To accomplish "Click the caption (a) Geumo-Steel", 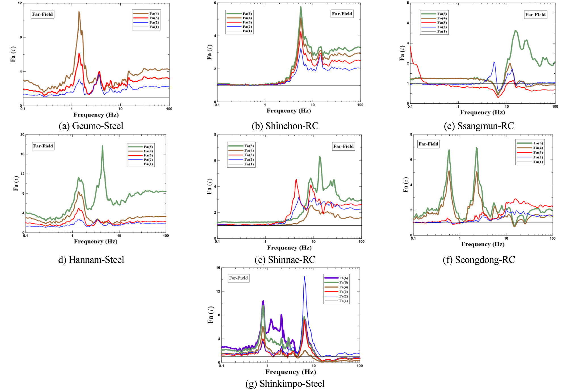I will tap(91, 126).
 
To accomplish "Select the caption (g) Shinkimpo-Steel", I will tap(285, 383).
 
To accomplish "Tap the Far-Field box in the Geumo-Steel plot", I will tap(42, 14).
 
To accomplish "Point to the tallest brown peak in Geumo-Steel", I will tap(79, 12).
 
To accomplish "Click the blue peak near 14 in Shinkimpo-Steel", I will tap(304, 276).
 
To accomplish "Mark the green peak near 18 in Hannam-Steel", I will tap(102, 146).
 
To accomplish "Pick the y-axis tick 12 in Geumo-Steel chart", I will tap(20, 3).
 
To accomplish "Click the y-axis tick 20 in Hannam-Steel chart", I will tap(22, 134).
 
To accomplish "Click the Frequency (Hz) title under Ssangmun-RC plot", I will tap(482, 112).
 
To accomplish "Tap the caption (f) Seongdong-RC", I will tap(479, 259).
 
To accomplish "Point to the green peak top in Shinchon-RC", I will tap(301, 7).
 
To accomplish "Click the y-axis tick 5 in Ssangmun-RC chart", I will tap(408, 3).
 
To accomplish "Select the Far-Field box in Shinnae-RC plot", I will tap(343, 146).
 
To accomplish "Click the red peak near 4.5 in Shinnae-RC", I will tap(296, 180).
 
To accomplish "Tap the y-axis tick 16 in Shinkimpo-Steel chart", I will tap(218, 268).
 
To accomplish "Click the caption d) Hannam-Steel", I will tap(91, 259).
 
